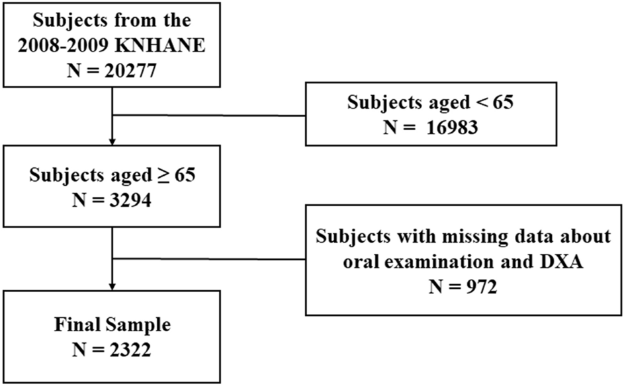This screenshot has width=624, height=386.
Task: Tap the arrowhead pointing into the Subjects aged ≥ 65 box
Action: pyautogui.click(x=113, y=141)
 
